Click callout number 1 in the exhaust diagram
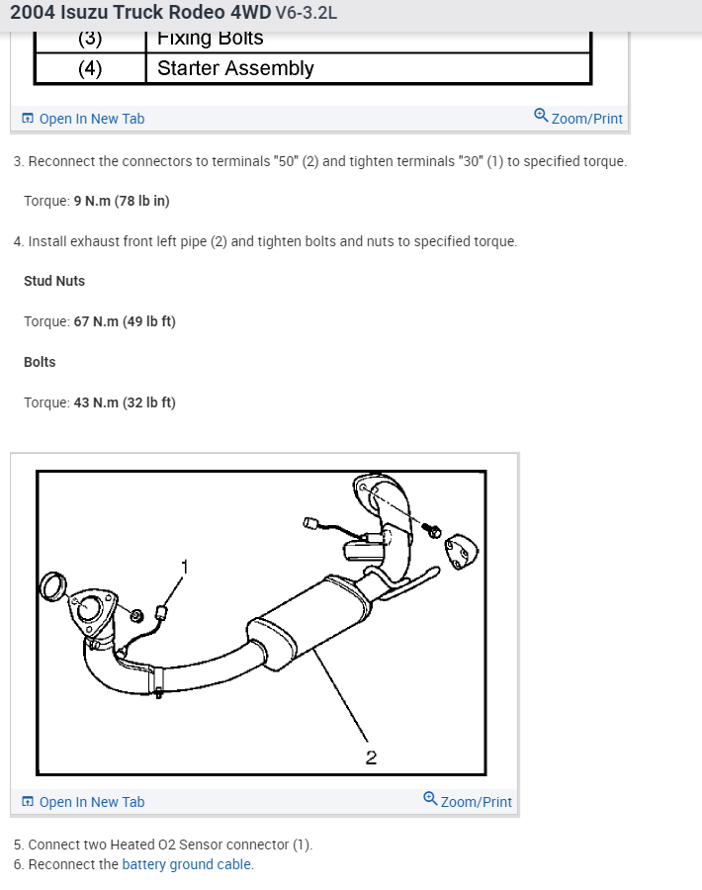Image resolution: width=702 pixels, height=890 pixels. pyautogui.click(x=183, y=566)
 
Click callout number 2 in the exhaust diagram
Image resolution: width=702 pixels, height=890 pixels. pyautogui.click(x=371, y=757)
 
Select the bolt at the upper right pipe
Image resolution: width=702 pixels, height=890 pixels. pyautogui.click(x=432, y=531)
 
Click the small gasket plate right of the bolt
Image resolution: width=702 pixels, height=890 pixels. pyautogui.click(x=463, y=551)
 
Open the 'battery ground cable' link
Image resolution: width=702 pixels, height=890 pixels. pyautogui.click(x=187, y=864)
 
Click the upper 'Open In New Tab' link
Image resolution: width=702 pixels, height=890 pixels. pyautogui.click(x=91, y=119)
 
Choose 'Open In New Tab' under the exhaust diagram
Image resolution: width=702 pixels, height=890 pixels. pyautogui.click(x=91, y=802)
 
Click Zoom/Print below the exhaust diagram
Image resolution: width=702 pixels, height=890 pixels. pyautogui.click(x=468, y=801)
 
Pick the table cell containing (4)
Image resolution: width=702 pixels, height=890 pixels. pyautogui.click(x=90, y=68)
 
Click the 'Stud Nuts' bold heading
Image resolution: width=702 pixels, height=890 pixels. pyautogui.click(x=54, y=281)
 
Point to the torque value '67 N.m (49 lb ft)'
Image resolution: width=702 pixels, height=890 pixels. pyautogui.click(x=125, y=321)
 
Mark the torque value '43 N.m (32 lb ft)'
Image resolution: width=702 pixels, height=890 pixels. pyautogui.click(x=125, y=402)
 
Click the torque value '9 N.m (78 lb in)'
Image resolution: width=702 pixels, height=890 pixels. pyautogui.click(x=122, y=201)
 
